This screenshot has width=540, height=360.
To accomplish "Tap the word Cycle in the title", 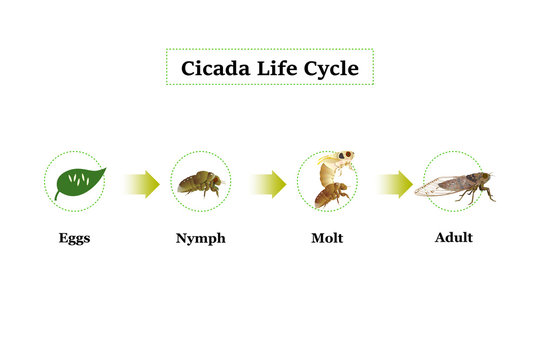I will (331, 69).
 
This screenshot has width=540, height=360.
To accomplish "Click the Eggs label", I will (74, 239).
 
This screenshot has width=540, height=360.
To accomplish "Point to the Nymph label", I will (200, 239).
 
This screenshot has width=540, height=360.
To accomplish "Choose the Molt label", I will (327, 239).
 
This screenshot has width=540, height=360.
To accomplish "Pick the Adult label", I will (453, 238).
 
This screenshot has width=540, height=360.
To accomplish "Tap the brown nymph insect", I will (200, 183).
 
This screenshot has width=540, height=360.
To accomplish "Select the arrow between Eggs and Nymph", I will (141, 184).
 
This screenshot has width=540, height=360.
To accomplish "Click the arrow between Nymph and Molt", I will (268, 184).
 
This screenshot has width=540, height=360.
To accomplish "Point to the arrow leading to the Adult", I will (395, 184).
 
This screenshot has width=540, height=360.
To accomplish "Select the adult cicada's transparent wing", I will (441, 186).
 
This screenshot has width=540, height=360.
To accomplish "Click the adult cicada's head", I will (485, 180).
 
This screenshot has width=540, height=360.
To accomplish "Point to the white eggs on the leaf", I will (80, 181).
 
